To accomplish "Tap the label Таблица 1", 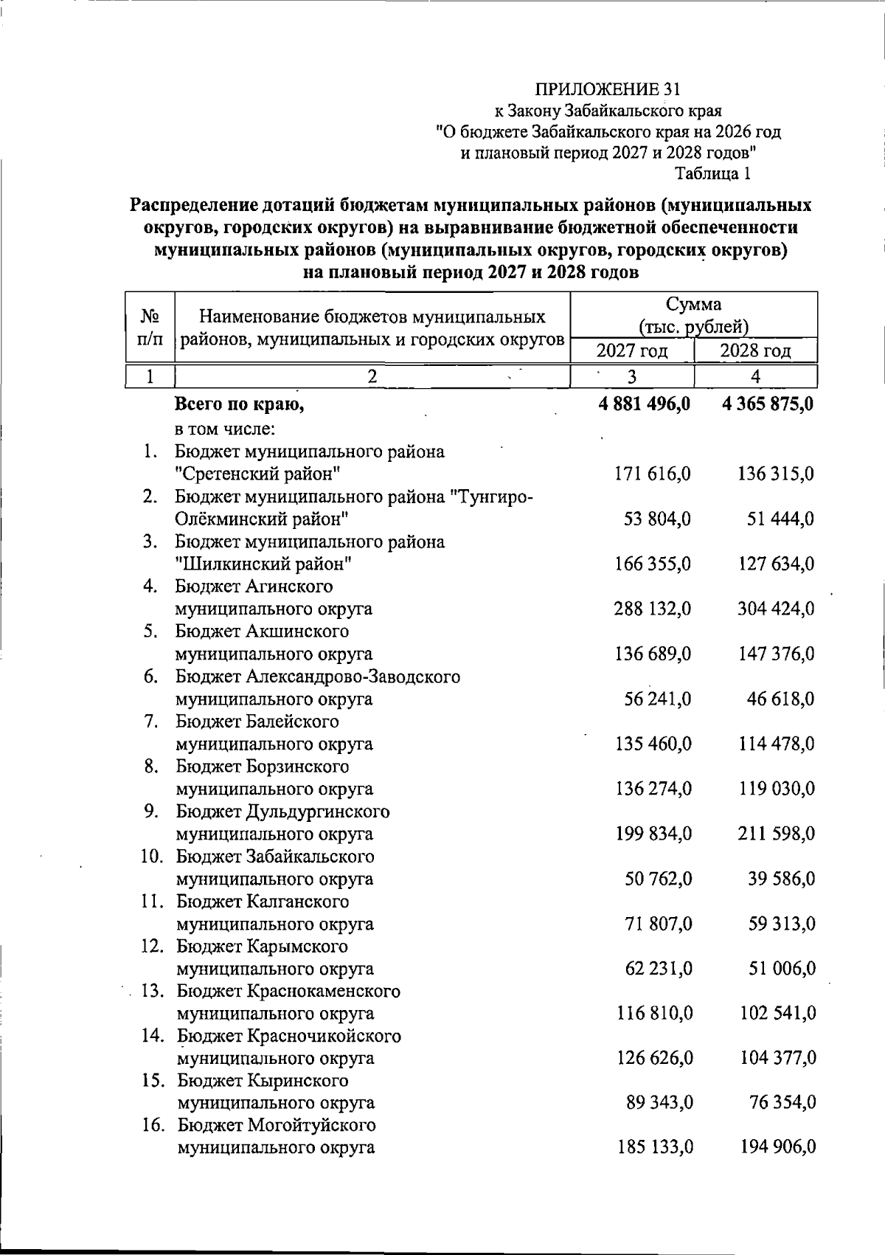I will [x=713, y=174].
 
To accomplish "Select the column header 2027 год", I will [x=632, y=350].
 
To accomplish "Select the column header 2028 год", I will [x=755, y=350].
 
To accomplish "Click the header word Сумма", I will [x=693, y=304].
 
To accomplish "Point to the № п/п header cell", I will [x=150, y=328].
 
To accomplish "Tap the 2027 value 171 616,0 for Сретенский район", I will [x=652, y=474].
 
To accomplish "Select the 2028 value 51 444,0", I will [x=780, y=519].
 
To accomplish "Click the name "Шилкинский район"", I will [x=263, y=564].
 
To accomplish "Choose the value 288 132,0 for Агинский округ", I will [x=652, y=609].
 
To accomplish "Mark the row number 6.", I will [x=151, y=676].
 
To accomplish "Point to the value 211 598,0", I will [x=776, y=834].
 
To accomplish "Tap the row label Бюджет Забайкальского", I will [x=275, y=857].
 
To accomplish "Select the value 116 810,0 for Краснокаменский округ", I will [x=654, y=1014].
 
